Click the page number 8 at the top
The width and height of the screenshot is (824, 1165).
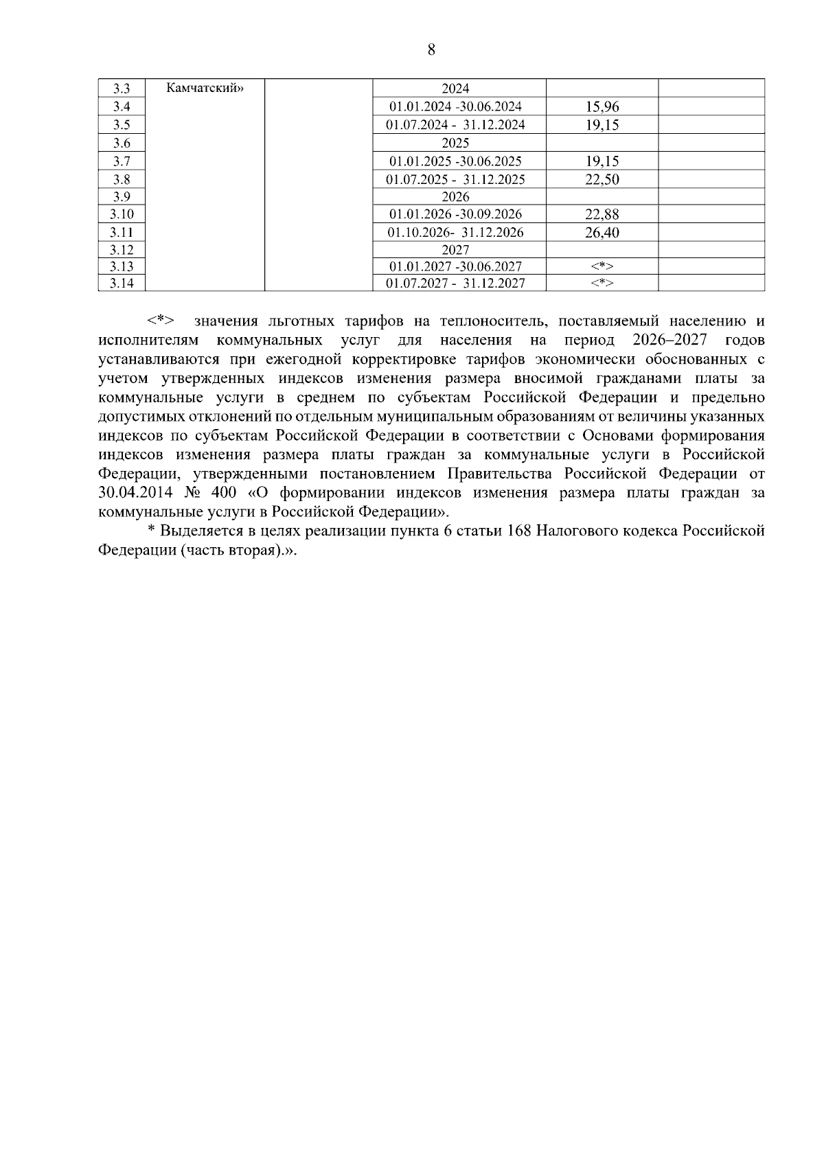tap(431, 49)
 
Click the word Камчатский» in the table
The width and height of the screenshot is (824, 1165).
tap(205, 88)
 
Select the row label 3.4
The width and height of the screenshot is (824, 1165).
tap(122, 106)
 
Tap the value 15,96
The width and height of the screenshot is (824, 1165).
tap(602, 107)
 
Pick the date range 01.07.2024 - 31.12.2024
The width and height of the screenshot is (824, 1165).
tap(455, 125)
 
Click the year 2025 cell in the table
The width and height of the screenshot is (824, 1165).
tap(455, 143)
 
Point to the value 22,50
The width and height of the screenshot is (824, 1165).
tap(602, 180)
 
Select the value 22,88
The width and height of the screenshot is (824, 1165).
tap(602, 214)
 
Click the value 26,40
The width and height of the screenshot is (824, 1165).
tap(602, 233)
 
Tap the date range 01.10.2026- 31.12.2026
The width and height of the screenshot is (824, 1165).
tap(455, 233)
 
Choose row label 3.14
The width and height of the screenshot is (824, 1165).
tap(122, 284)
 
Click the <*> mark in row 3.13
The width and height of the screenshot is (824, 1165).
tap(602, 266)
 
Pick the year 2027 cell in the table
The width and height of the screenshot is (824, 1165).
tap(455, 250)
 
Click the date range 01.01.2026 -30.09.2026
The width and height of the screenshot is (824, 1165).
tap(455, 214)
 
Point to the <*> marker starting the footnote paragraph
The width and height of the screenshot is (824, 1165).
tap(161, 321)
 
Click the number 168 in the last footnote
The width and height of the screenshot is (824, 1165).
tap(520, 531)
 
